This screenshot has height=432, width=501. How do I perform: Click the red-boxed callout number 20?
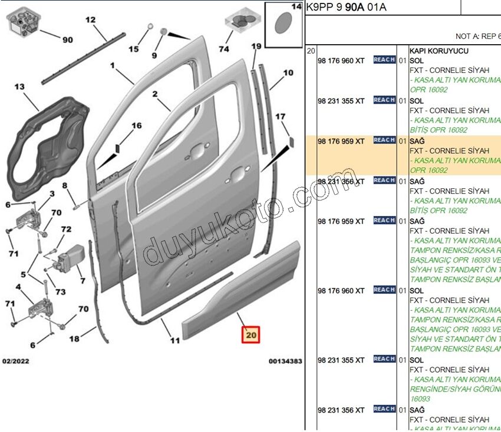[251, 335]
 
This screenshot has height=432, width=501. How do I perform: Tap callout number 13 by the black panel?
[19, 87]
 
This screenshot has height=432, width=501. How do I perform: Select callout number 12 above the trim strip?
[90, 20]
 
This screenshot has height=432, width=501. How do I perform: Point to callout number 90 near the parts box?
[68, 40]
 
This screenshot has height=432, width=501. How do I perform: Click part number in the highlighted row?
[341, 141]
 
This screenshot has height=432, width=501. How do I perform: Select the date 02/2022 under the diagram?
[16, 361]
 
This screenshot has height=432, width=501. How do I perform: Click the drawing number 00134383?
[285, 361]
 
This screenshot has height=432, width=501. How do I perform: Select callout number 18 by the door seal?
[74, 338]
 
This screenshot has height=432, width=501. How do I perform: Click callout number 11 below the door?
[175, 340]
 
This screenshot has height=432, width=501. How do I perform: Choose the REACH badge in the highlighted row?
[384, 140]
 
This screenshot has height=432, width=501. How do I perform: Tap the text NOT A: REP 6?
[477, 36]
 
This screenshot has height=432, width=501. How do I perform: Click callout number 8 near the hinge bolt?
[65, 186]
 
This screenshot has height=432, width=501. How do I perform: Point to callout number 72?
[66, 229]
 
